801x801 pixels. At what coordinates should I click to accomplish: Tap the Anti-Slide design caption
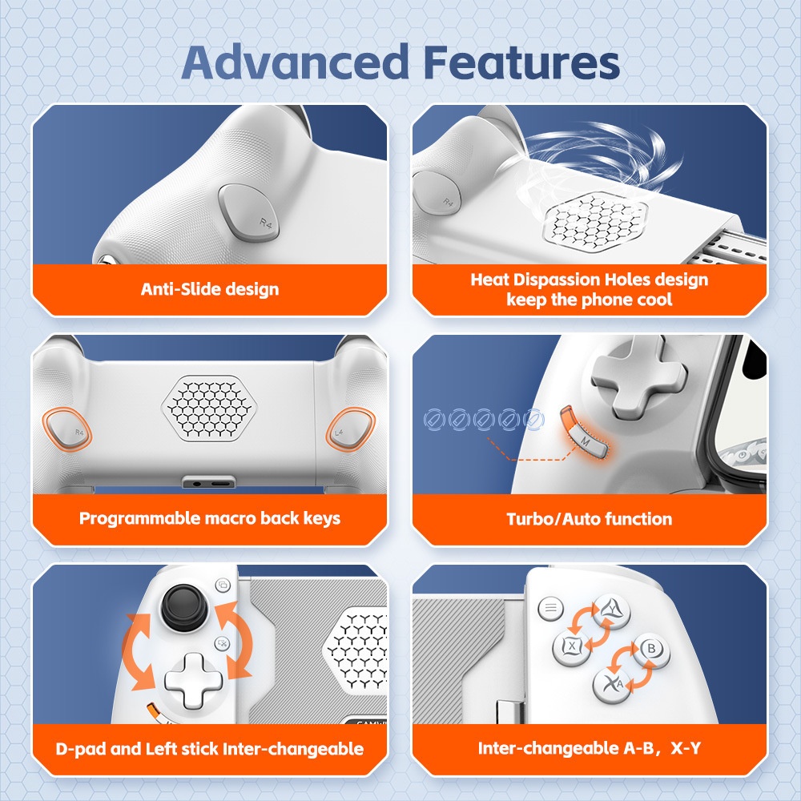pos(210,289)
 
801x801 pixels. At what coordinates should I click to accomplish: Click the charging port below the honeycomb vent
pos(209,483)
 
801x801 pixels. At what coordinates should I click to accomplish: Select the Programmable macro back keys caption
pos(210,518)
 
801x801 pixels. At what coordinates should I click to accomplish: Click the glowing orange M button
pos(585,437)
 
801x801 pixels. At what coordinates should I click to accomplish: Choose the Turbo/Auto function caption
pos(589,519)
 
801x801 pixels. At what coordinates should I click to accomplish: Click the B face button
pos(650,648)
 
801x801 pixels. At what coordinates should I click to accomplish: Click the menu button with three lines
pos(550,608)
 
